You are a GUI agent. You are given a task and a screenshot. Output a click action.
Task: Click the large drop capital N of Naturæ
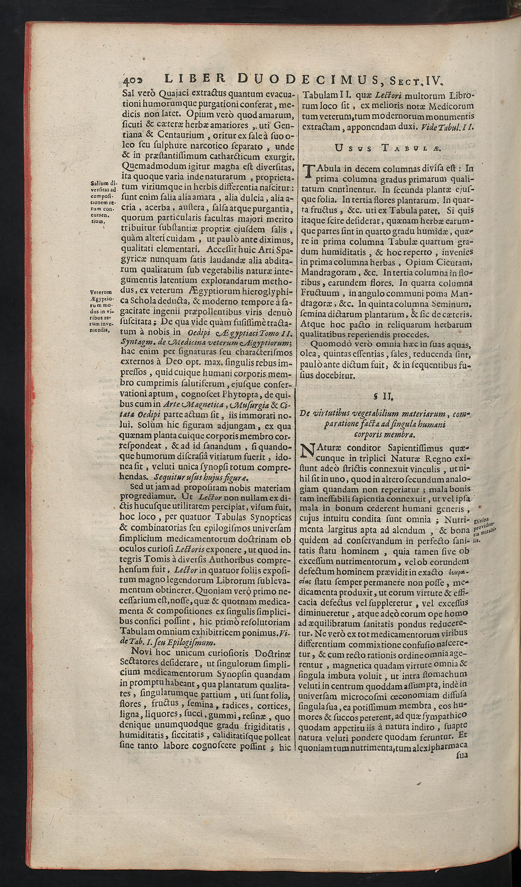pos(307,452)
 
